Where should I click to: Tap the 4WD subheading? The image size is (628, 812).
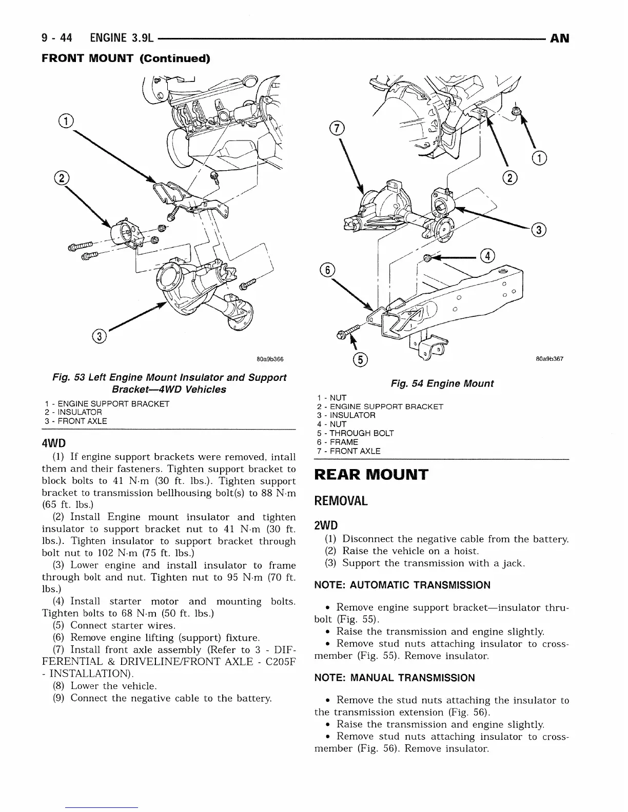(54, 442)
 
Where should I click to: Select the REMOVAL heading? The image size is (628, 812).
(341, 501)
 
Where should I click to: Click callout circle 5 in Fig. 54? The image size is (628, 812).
(361, 360)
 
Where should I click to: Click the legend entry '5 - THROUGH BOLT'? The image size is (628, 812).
(355, 433)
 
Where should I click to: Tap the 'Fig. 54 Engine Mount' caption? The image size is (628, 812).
(442, 383)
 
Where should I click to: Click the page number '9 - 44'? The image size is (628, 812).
(57, 38)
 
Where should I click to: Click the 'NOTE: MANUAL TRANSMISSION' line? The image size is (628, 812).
(394, 678)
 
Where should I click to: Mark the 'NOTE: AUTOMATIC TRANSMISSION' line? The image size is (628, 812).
(402, 585)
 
